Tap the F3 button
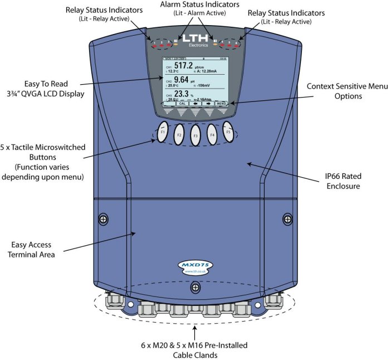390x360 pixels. click(195, 135)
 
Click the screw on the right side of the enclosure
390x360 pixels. click(287, 220)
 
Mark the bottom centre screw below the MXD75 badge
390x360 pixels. click(195, 287)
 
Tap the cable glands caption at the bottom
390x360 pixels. click(195, 348)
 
